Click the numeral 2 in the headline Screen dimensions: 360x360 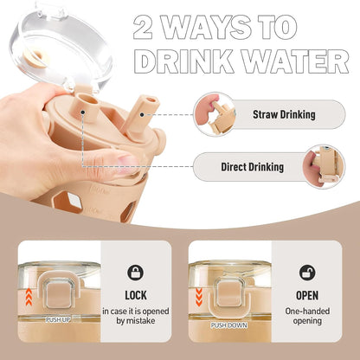pos(143,28)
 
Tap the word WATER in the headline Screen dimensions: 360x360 pos(295,61)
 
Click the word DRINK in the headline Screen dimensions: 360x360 pos(184,61)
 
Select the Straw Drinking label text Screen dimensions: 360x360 pos(284,114)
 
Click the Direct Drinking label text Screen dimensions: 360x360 pos(253,167)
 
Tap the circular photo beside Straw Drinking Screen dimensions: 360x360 pos(215,114)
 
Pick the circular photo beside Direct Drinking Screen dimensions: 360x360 pos(324,167)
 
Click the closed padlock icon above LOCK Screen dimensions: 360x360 pos(135,273)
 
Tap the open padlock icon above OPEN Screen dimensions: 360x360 pos(307,273)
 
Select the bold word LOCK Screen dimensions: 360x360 pos(136,295)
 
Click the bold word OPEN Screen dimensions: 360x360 pos(307,295)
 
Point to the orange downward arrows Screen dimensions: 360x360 pos(199,297)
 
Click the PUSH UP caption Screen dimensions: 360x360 pos(58,319)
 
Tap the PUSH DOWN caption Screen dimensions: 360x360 pos(229,325)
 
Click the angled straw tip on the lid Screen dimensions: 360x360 pos(151,103)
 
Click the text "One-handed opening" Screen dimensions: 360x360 pos(307,316)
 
